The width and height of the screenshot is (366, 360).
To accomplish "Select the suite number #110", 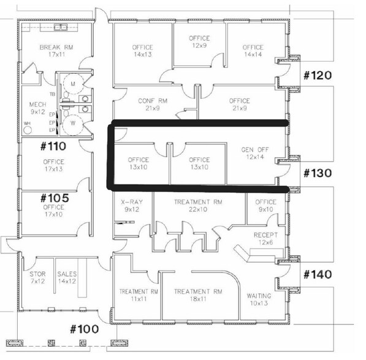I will [x=53, y=147].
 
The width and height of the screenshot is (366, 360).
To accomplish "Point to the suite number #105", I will [x=53, y=198].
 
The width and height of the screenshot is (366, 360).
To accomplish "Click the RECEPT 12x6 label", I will [x=266, y=239].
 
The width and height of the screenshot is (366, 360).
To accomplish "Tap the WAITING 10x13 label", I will [x=259, y=299].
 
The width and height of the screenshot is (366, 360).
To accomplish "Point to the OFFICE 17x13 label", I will [x=54, y=165].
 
